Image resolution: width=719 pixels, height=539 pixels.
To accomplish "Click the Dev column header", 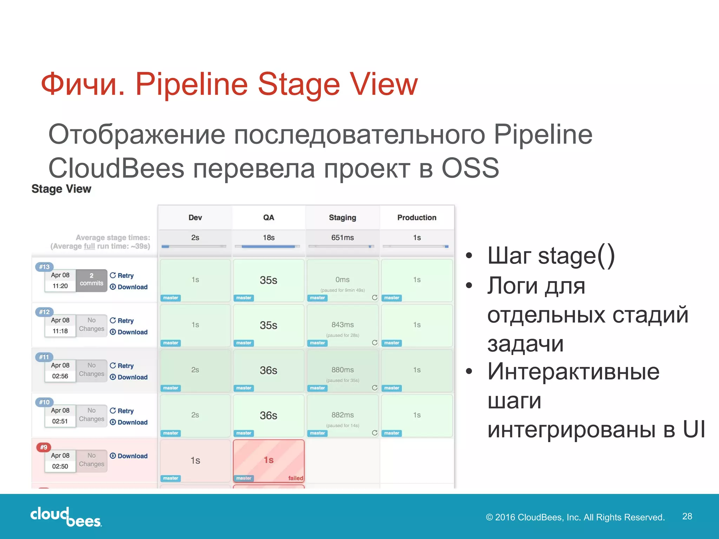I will click(195, 218).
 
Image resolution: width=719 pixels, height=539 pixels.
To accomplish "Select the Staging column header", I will click(342, 218).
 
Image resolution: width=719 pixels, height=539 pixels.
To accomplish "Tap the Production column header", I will click(417, 218).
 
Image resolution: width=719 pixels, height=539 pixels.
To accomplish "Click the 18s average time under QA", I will click(269, 238).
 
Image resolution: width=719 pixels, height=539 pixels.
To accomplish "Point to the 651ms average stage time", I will click(342, 238).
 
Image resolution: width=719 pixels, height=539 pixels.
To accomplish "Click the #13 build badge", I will click(44, 267).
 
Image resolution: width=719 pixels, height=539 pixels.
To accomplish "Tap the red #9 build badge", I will click(44, 447).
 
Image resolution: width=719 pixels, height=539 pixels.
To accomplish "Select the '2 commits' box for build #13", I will click(91, 280).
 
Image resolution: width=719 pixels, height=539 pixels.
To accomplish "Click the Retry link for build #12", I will click(122, 321).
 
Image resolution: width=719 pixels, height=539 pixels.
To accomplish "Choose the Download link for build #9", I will click(129, 456).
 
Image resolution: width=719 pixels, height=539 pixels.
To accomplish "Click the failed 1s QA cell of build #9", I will click(269, 460).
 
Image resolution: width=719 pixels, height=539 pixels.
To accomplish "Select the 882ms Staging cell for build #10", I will click(342, 415).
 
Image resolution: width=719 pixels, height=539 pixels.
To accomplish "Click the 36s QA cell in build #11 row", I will click(269, 371).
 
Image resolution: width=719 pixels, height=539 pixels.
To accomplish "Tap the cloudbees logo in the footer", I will click(66, 517).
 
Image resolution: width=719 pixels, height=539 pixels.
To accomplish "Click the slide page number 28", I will click(687, 516).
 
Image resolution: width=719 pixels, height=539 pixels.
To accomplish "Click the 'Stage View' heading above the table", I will click(61, 189).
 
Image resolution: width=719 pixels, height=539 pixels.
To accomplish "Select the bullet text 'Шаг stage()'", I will click(551, 255).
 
